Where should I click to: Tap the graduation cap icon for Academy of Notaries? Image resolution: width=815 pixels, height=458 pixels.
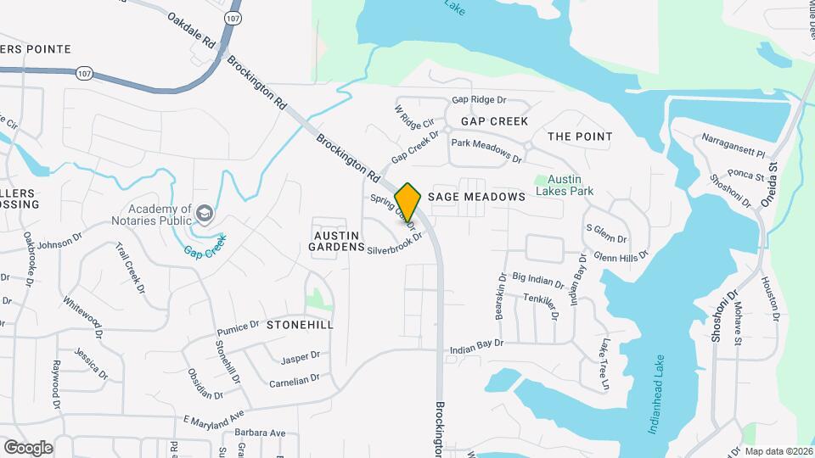[204, 212]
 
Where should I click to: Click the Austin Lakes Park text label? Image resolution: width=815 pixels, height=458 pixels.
[570, 186]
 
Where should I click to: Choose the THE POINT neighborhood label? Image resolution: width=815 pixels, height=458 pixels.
[580, 137]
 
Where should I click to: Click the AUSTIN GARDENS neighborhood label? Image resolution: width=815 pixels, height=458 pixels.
[339, 240]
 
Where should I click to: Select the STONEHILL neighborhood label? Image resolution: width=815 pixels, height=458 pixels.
[300, 325]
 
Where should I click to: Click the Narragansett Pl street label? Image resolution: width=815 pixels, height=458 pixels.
[733, 147]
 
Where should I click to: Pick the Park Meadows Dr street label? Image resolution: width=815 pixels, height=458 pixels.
[486, 151]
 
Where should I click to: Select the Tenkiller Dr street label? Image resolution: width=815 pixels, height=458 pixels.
[541, 305]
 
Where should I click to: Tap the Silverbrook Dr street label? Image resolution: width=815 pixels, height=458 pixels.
[395, 248]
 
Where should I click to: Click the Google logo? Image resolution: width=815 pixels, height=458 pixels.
[28, 447]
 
